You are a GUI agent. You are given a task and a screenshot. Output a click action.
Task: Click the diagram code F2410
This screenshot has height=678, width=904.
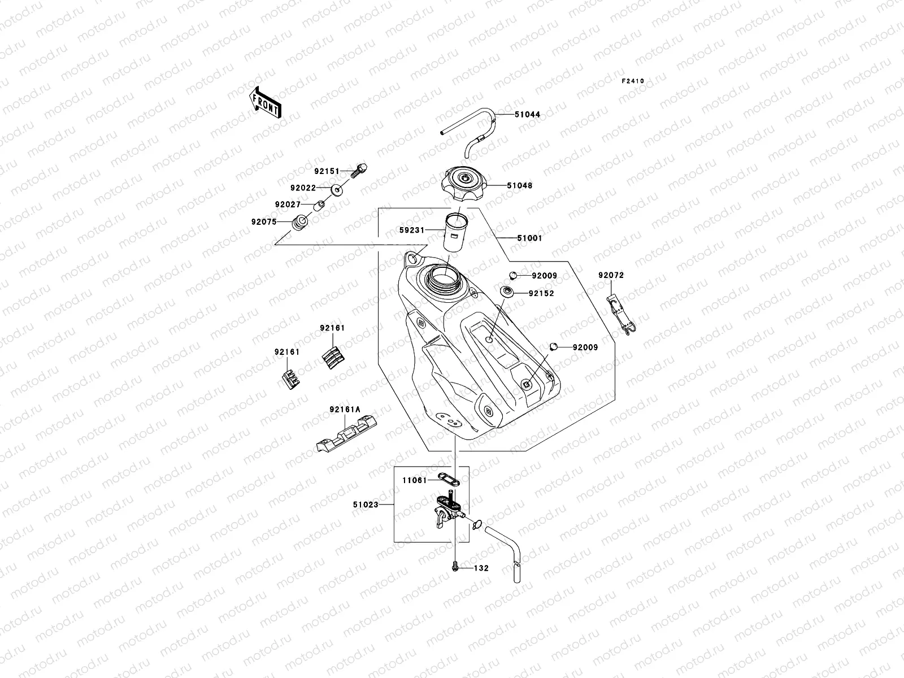pyautogui.click(x=633, y=81)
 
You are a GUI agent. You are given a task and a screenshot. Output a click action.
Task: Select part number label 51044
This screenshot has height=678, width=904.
pyautogui.click(x=527, y=115)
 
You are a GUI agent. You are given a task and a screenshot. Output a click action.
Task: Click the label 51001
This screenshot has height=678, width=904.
pyautogui.click(x=529, y=238)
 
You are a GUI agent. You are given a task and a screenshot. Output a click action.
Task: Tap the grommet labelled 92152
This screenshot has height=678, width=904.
pyautogui.click(x=506, y=293)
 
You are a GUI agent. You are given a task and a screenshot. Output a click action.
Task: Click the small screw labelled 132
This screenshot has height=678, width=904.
pyautogui.click(x=454, y=567)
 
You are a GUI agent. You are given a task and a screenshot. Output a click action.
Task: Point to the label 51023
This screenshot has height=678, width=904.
pyautogui.click(x=366, y=505)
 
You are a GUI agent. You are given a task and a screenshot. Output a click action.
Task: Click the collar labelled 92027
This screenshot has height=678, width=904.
pyautogui.click(x=320, y=204)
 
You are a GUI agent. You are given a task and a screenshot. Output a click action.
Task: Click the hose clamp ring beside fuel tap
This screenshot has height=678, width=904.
pyautogui.click(x=475, y=524)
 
